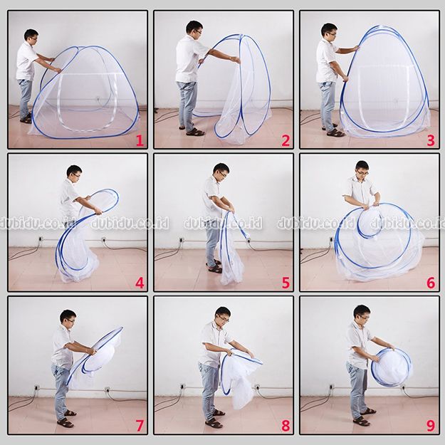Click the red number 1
pyautogui.click(x=140, y=141)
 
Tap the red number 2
pyautogui.click(x=286, y=141)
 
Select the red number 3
pyautogui.click(x=431, y=141)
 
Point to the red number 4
pyautogui.click(x=140, y=283)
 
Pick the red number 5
pyautogui.click(x=286, y=283)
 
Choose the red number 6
pyautogui.click(x=431, y=283)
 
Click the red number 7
pyautogui.click(x=140, y=426)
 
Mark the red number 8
pyautogui.click(x=286, y=426)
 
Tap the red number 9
pyautogui.click(x=431, y=426)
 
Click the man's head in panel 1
pyautogui.click(x=31, y=36)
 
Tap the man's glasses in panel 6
pyautogui.click(x=363, y=172)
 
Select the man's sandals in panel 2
pyautogui.click(x=192, y=130)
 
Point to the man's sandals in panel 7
pyautogui.click(x=66, y=419)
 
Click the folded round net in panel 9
pyautogui.click(x=392, y=367)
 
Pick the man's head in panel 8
pyautogui.click(x=223, y=315)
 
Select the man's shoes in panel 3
pyautogui.click(x=333, y=130)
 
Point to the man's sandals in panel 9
pyautogui.click(x=365, y=417)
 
